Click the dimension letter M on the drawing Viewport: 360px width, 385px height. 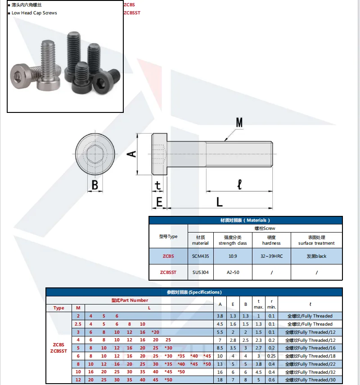coord(239,122)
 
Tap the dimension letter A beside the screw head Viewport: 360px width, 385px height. coord(131,154)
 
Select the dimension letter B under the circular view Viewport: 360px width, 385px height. coord(95,184)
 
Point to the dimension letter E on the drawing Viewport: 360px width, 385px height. coord(159,202)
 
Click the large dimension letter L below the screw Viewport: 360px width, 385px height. coord(219,202)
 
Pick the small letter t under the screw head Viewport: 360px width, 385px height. coord(157,185)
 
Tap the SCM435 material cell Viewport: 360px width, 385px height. coord(200,256)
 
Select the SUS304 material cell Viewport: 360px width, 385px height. coord(200,272)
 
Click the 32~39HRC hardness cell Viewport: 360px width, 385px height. coord(271,256)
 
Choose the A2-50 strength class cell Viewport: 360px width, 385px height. coord(233,272)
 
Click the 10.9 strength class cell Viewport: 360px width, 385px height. coord(233,256)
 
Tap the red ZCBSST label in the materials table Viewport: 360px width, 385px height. coord(168,272)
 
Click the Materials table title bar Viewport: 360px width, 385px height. coord(245,220)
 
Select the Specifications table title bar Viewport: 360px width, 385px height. coord(194,292)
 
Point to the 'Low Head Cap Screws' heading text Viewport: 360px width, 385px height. coord(34,13)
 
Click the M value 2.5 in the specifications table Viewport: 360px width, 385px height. coord(78,324)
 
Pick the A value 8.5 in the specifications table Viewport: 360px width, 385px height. coord(220,348)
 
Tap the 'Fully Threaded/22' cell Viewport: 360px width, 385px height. coord(310,364)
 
